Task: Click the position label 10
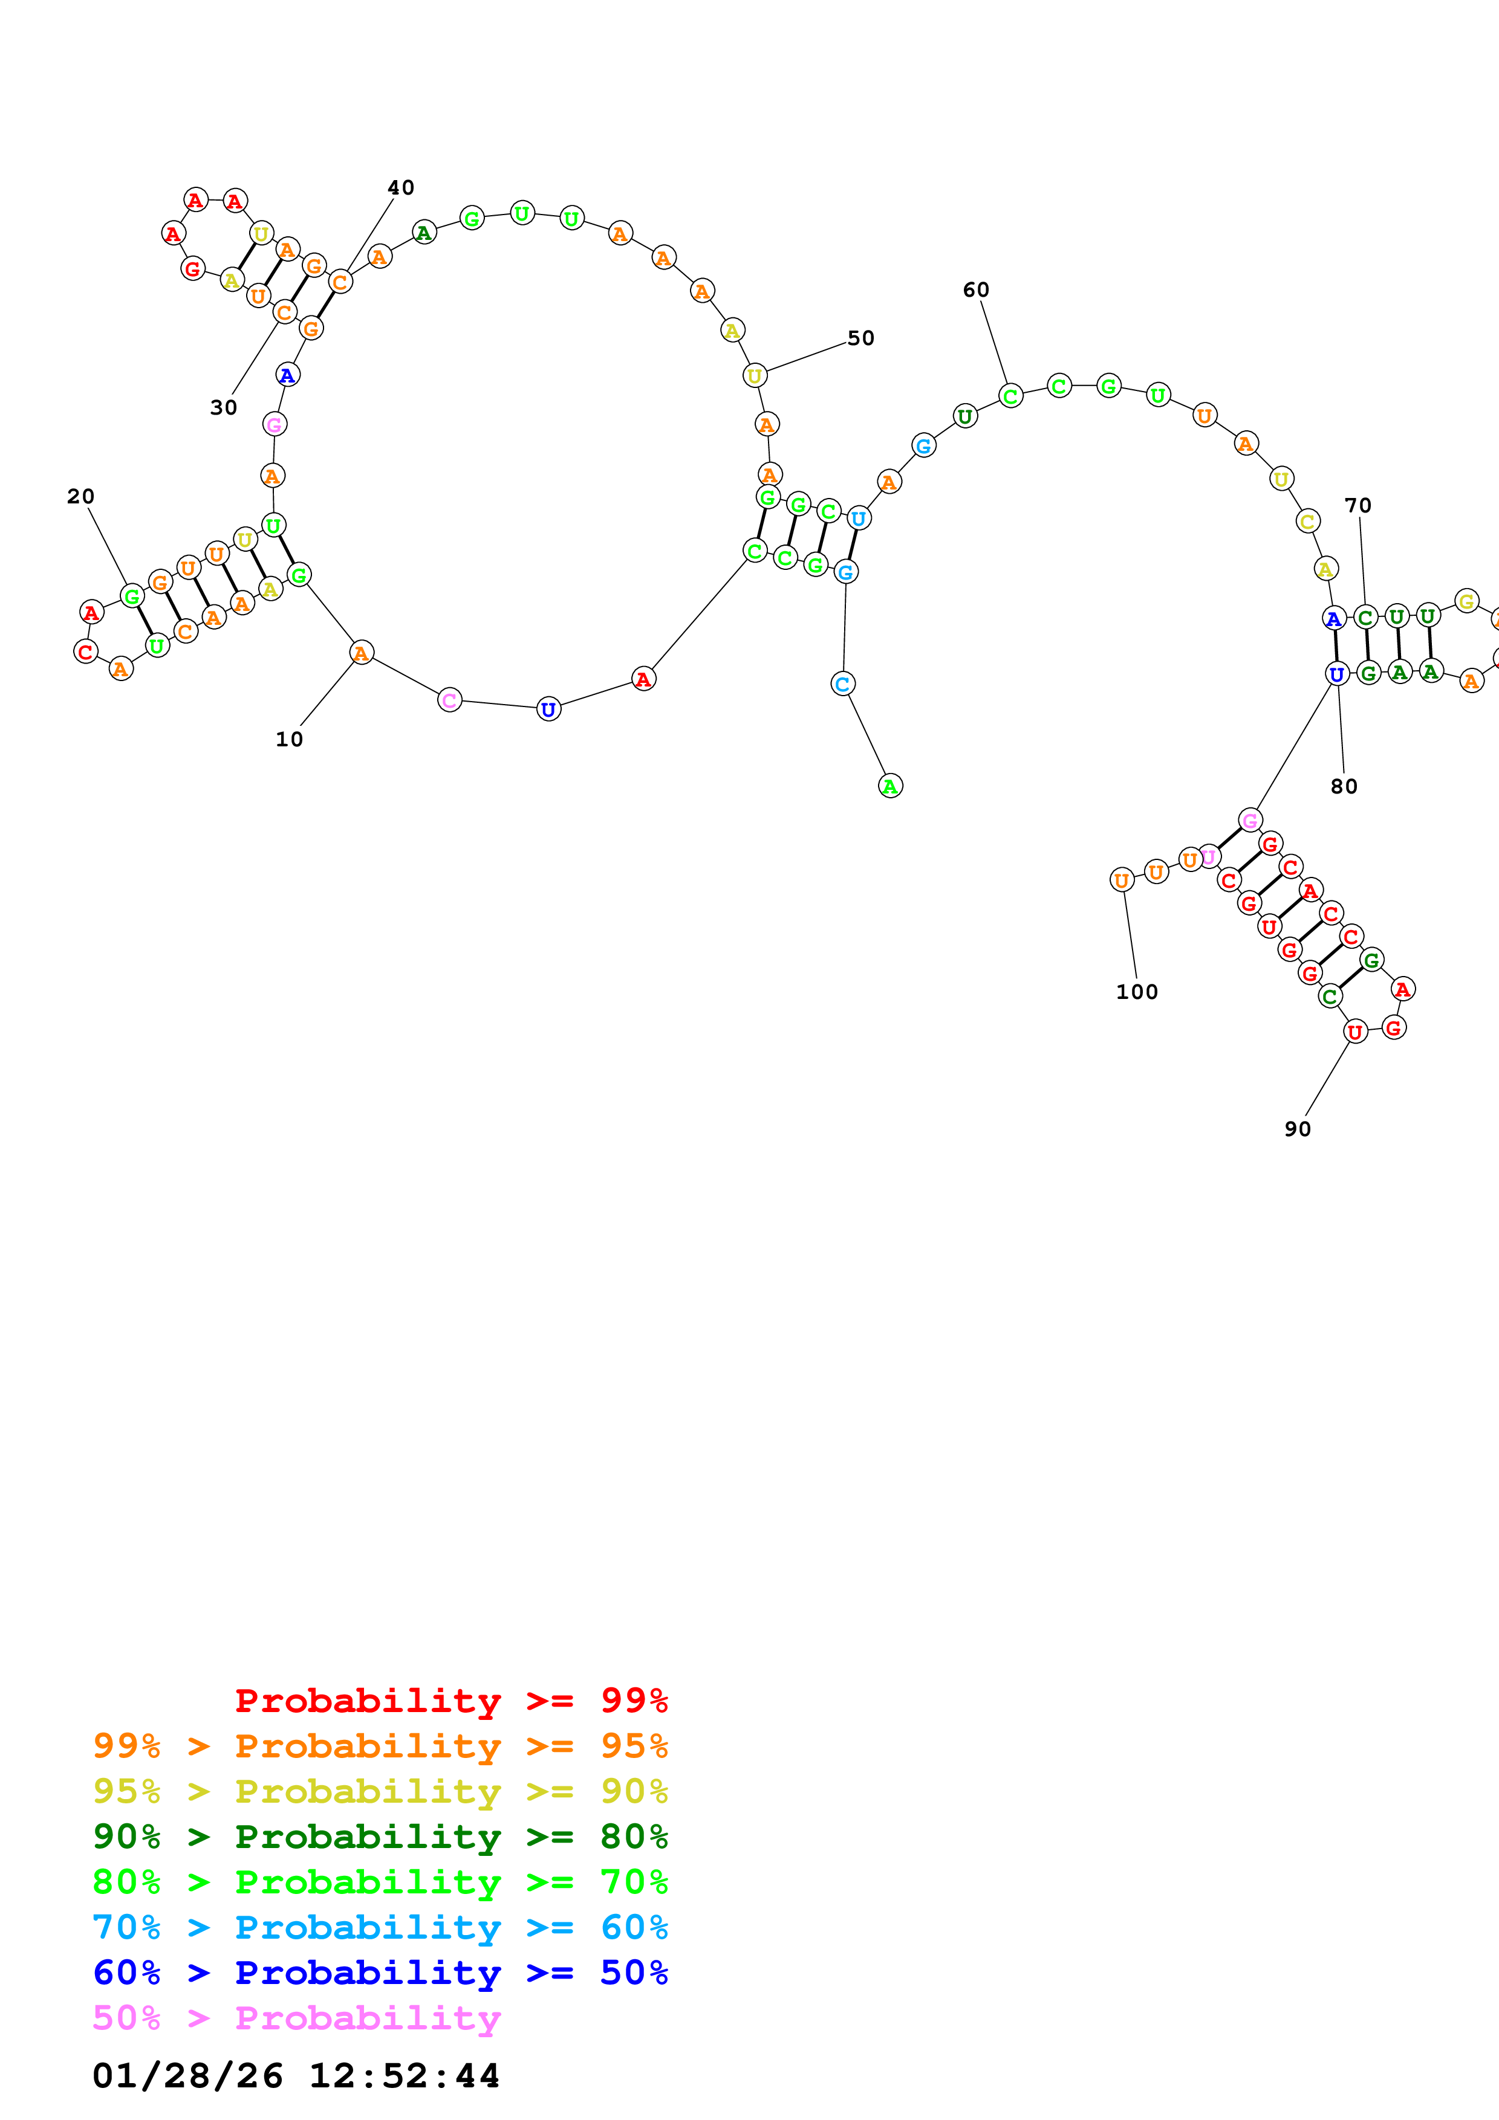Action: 289,740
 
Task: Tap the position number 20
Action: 81,497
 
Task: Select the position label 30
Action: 224,408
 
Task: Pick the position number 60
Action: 976,290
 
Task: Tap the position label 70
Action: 1358,506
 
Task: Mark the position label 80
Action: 1344,787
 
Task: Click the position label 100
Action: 1137,992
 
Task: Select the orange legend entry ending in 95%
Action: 380,1745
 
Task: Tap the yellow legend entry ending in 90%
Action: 380,1791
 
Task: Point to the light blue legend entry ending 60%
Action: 380,1927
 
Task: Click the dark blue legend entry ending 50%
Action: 380,1973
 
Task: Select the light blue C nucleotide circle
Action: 842,684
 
